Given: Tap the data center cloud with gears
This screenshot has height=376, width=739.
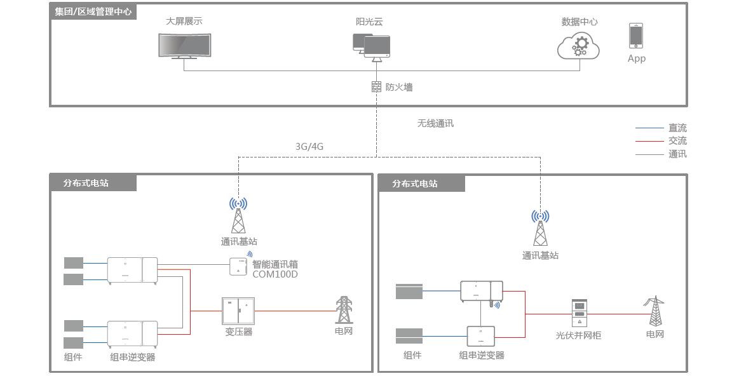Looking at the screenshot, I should tap(578, 45).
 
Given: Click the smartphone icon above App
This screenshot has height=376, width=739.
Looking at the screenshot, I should tap(636, 36).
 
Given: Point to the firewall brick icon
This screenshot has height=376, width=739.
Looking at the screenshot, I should tap(376, 87).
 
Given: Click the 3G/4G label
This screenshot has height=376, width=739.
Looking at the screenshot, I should tap(309, 146).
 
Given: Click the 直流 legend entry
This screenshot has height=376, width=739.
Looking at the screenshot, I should tap(677, 128).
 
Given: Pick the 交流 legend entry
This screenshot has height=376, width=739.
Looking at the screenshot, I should tap(677, 140).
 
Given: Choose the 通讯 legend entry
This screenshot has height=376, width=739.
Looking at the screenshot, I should tap(677, 154).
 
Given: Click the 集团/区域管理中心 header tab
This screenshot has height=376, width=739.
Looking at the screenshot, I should tap(93, 11).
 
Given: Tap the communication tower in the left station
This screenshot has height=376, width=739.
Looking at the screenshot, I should tap(238, 216).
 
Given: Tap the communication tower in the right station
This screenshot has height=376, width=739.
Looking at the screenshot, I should tap(540, 229).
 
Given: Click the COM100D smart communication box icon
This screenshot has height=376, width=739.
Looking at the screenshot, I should tap(238, 266).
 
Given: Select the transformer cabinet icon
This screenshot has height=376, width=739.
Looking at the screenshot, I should tap(238, 311).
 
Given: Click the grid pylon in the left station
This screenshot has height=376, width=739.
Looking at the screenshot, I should tap(344, 310).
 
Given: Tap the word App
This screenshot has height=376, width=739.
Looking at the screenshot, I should tap(636, 58).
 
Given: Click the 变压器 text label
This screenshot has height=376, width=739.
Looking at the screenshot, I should tap(238, 332).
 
